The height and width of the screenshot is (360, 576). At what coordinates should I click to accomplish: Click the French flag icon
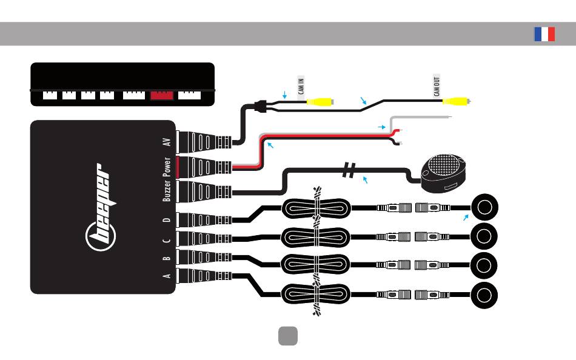point(544,34)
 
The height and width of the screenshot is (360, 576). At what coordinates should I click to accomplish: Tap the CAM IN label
point(301,86)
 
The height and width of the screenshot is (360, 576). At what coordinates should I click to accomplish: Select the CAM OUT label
point(437,86)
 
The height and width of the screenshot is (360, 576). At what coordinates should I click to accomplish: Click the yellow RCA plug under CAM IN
point(320,102)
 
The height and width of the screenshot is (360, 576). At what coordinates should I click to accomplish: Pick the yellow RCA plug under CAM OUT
point(456,101)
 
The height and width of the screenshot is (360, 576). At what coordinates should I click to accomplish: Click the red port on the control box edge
point(162,96)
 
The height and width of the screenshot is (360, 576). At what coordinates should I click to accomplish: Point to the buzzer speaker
point(443,173)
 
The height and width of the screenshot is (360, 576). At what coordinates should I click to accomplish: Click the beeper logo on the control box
point(99,207)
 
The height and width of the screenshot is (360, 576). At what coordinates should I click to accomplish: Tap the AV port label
point(166,142)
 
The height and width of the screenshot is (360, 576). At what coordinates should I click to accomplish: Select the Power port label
point(166,167)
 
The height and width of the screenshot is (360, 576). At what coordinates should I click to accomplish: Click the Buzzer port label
point(166,191)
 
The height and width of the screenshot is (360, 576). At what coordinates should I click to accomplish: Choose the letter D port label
point(166,220)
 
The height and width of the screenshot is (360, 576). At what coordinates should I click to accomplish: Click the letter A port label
point(166,276)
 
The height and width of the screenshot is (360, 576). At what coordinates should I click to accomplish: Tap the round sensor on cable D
point(484,207)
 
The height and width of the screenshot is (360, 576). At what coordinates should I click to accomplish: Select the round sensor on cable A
point(484,295)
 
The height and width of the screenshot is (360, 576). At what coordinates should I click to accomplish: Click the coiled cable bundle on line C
point(315,238)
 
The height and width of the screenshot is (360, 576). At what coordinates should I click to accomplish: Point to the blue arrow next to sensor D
point(466,218)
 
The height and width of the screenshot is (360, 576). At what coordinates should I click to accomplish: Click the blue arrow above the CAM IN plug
point(284,95)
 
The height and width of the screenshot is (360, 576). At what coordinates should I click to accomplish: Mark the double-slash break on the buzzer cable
point(349,170)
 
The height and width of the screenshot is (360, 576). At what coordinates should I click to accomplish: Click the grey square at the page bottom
point(288,336)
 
